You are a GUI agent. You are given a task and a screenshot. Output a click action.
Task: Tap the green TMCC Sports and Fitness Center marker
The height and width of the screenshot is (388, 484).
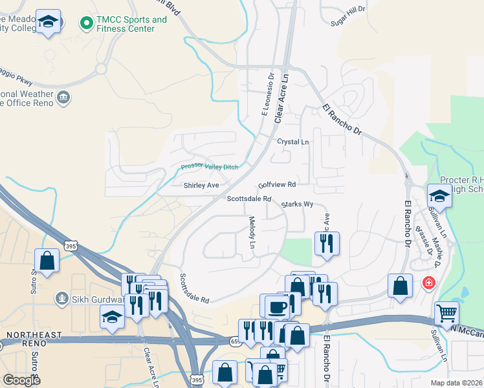coord(85,24)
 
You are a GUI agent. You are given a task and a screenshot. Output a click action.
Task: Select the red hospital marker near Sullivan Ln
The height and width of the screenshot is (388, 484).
coord(428,283)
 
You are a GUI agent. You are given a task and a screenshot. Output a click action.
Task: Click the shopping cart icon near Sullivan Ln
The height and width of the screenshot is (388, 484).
coord(447,313)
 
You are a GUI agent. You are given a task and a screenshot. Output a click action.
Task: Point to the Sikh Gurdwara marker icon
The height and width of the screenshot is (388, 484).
coord(62,298)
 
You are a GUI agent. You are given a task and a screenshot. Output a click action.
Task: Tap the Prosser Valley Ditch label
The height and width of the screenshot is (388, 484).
coord(210,167)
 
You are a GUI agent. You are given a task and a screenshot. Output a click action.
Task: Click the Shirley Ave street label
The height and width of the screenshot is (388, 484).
coord(201,186)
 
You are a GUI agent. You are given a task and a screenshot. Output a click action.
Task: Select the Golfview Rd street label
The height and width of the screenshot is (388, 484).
coord(276,184)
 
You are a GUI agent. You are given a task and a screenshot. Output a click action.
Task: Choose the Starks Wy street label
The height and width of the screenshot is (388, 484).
coord(297,204)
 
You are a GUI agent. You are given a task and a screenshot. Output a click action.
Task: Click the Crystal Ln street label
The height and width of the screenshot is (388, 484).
coord(293,142)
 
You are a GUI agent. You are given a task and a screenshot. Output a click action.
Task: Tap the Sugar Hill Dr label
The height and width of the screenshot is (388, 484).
coord(348,9)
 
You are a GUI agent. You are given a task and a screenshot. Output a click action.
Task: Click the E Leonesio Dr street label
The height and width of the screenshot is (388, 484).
coord(267,94)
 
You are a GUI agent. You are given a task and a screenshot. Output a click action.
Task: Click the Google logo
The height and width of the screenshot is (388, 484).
coord(21,380)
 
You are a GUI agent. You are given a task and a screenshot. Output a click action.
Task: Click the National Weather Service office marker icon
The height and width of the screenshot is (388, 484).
coord(63,98)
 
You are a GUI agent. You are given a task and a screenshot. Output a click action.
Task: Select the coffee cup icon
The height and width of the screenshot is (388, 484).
coord(276,306)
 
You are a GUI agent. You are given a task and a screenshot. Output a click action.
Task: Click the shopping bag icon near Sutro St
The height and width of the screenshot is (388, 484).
coord(47,261)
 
